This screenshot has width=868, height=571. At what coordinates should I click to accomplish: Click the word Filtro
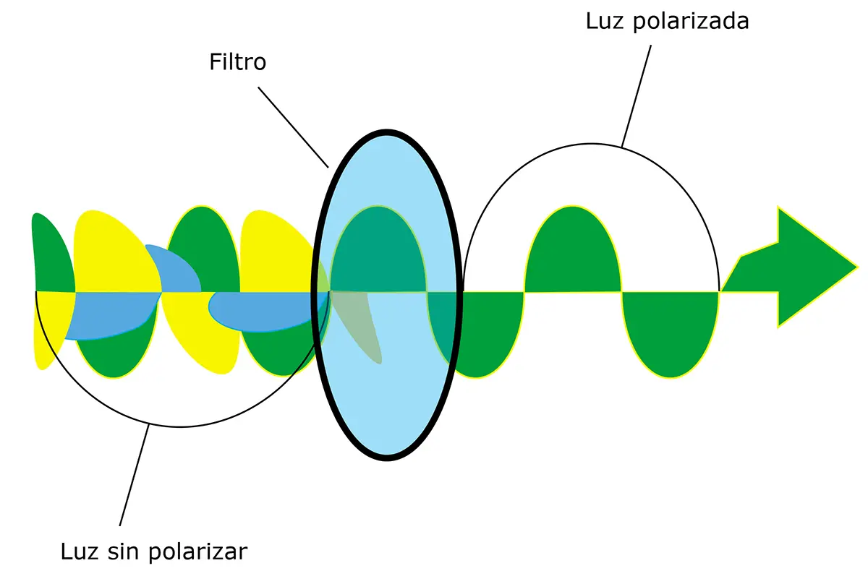click(237, 62)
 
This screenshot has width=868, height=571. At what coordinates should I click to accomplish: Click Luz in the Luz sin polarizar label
click(79, 552)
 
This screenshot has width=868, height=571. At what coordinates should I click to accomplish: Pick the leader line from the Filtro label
click(294, 127)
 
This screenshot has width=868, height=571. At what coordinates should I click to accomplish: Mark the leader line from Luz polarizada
click(637, 94)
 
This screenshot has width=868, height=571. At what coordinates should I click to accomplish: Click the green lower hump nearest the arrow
click(671, 332)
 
